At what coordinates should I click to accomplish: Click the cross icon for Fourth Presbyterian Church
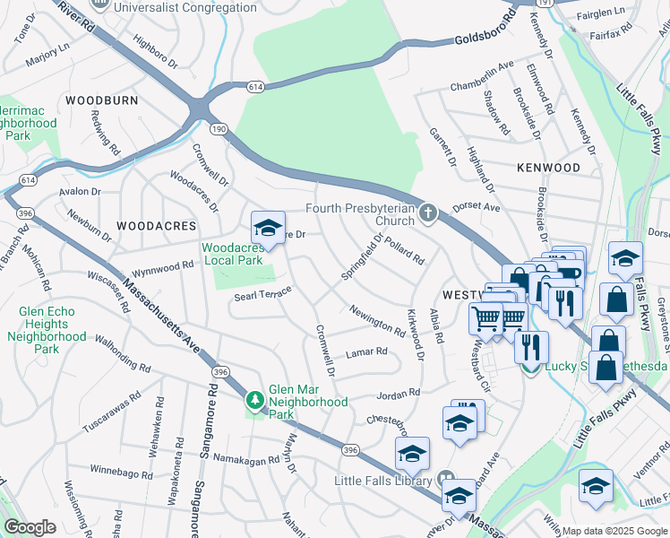428,213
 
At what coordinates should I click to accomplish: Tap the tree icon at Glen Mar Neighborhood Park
255,399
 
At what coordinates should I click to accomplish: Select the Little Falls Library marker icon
445,481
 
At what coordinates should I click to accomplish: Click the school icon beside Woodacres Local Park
268,229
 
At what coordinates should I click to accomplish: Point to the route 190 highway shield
218,131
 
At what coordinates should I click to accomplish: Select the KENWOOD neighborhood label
548,168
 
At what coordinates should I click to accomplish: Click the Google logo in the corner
30,527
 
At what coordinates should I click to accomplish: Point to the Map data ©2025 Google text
614,530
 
